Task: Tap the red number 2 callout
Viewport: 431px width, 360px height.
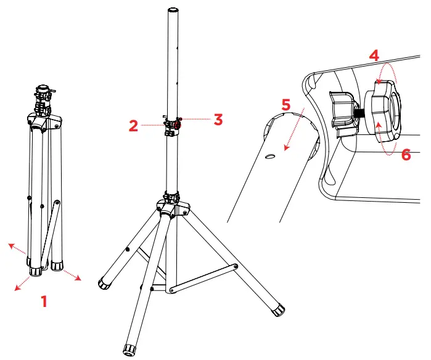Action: click(x=133, y=125)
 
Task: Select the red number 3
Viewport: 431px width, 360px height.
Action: click(x=218, y=119)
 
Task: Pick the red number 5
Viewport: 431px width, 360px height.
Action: click(x=285, y=105)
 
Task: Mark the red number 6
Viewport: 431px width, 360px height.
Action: click(x=405, y=154)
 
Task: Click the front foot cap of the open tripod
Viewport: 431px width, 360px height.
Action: click(x=131, y=350)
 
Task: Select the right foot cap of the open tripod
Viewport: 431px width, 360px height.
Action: click(x=278, y=308)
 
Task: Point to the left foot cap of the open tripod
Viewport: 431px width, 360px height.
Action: click(x=105, y=284)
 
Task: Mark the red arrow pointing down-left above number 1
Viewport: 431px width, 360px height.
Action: click(x=22, y=283)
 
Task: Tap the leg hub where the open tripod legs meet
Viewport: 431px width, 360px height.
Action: click(x=171, y=207)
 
